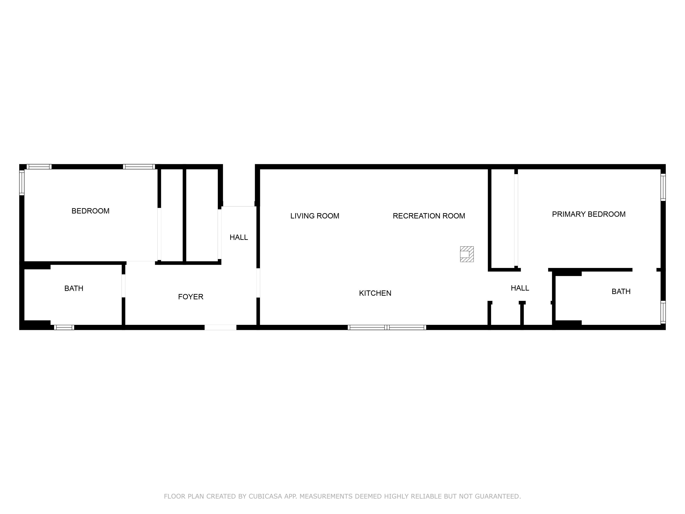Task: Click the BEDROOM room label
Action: pyautogui.click(x=90, y=211)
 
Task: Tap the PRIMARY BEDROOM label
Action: pyautogui.click(x=588, y=214)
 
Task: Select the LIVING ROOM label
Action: pyautogui.click(x=315, y=216)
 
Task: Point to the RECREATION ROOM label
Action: pyautogui.click(x=429, y=216)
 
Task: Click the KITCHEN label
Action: pyautogui.click(x=375, y=293)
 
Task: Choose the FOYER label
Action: pyautogui.click(x=190, y=297)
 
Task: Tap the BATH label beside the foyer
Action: pyautogui.click(x=74, y=289)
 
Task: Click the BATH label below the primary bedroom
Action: pyautogui.click(x=621, y=291)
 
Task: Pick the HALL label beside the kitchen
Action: pyautogui.click(x=520, y=288)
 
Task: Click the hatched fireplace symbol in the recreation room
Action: pyautogui.click(x=467, y=254)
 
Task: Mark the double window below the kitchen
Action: pyautogui.click(x=387, y=328)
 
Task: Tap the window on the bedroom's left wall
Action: pyautogui.click(x=22, y=183)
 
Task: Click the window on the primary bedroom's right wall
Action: pyautogui.click(x=663, y=187)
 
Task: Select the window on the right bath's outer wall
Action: pyautogui.click(x=663, y=312)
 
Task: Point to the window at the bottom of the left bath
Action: pyautogui.click(x=64, y=328)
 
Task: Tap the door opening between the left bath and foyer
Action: pyautogui.click(x=123, y=286)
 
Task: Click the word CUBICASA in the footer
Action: pyautogui.click(x=265, y=496)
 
